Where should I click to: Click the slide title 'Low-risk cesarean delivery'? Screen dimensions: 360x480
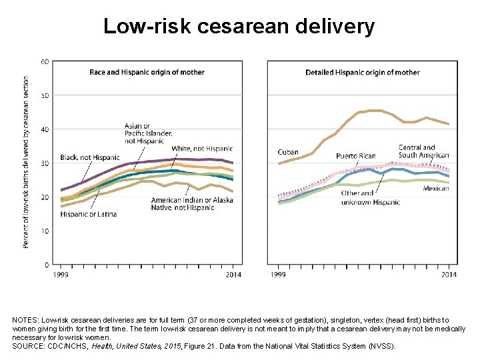tap(239, 26)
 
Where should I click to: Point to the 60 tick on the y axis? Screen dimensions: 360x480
tap(45, 61)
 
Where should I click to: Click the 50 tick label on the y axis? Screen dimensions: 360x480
tap(45, 95)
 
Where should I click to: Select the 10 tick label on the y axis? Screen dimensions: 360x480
tap(45, 231)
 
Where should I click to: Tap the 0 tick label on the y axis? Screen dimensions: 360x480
tap(46, 265)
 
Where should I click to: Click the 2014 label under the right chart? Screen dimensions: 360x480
tap(449, 275)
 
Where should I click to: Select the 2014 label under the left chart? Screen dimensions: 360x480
tap(233, 275)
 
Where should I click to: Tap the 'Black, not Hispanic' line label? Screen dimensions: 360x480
tap(90, 157)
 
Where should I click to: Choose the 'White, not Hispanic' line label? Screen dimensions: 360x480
tap(201, 149)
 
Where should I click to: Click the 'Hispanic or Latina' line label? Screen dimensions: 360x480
tap(88, 214)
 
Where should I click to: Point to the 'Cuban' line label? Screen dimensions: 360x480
tap(288, 153)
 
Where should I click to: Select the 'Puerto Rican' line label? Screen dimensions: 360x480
tap(355, 156)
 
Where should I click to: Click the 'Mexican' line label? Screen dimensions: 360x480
tap(436, 189)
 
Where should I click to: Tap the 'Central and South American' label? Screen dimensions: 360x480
tap(423, 151)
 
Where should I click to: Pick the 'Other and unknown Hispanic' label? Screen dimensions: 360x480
tap(370, 197)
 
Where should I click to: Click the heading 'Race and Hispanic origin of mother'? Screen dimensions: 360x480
tap(147, 72)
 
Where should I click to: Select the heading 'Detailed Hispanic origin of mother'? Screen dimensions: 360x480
tap(362, 72)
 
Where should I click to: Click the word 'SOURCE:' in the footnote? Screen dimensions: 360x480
tap(29, 346)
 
